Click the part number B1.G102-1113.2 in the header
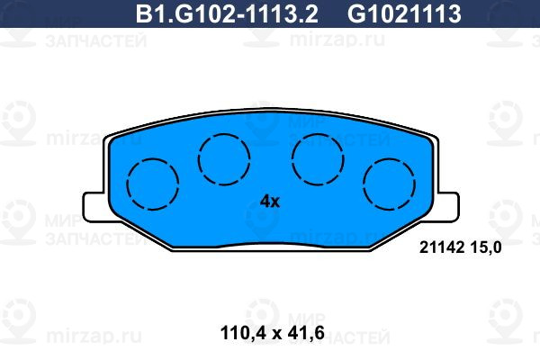pyautogui.click(x=227, y=13)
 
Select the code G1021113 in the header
pyautogui.click(x=404, y=13)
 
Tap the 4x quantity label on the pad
pyautogui.click(x=270, y=202)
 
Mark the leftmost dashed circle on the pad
pyautogui.click(x=127, y=184)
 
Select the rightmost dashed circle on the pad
pyautogui.click(x=364, y=184)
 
